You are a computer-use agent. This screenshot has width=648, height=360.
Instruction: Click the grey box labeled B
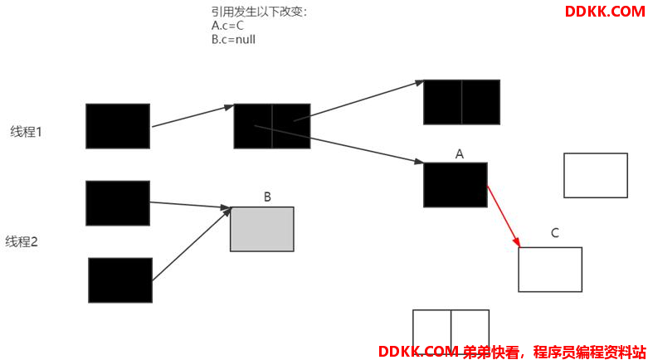pyautogui.click(x=262, y=229)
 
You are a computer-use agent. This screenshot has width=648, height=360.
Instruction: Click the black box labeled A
pyautogui.click(x=456, y=185)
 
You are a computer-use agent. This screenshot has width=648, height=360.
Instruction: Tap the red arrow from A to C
pyautogui.click(x=504, y=216)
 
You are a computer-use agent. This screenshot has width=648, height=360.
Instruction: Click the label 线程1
pyautogui.click(x=26, y=132)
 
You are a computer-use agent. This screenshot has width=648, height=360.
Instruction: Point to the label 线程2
pyautogui.click(x=22, y=241)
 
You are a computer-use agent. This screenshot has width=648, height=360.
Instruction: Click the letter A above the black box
pyautogui.click(x=459, y=154)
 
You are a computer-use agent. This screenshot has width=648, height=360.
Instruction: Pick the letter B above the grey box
pyautogui.click(x=267, y=197)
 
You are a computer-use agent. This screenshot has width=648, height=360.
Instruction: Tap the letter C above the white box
pyautogui.click(x=555, y=233)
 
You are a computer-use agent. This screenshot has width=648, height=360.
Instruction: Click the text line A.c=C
pyautogui.click(x=227, y=26)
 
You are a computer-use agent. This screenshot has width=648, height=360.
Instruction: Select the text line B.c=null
pyautogui.click(x=233, y=39)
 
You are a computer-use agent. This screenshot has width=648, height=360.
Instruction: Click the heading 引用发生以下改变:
pyautogui.click(x=260, y=12)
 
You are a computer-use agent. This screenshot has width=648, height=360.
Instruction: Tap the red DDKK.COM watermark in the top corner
pyautogui.click(x=605, y=12)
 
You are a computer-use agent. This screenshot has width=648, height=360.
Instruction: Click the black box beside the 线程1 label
pyautogui.click(x=118, y=126)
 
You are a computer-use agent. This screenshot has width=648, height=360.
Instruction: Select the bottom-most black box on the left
pyautogui.click(x=120, y=280)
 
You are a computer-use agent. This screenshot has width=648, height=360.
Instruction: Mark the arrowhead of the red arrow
pyautogui.click(x=517, y=241)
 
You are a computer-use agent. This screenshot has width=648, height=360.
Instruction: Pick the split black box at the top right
pyautogui.click(x=461, y=102)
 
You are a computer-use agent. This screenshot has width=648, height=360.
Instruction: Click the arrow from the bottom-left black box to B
pyautogui.click(x=192, y=244)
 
